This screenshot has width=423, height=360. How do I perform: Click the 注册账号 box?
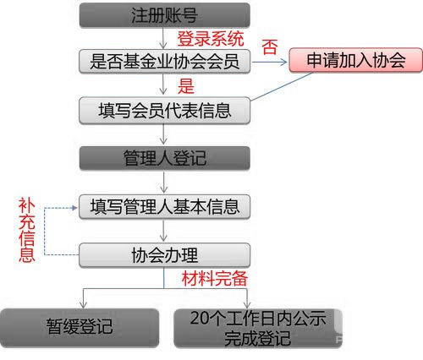pos(165,15)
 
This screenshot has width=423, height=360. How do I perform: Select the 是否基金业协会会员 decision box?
pos(165,62)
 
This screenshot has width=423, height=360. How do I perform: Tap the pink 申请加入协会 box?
pos(356,60)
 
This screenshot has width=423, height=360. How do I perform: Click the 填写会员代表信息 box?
pos(165,111)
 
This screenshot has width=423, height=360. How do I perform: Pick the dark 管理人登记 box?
pos(165,158)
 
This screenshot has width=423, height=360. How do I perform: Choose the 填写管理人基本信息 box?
pos(165,207)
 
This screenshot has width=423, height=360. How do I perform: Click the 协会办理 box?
pos(165,255)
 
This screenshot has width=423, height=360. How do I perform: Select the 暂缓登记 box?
pos(80,328)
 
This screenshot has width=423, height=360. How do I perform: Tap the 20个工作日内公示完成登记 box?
pos(258,328)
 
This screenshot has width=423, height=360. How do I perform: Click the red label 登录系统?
pos(211,39)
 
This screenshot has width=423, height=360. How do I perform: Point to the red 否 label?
pos(270,46)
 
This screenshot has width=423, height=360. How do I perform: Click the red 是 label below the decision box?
pos(186,86)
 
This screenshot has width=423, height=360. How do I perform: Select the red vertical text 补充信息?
pos(27,230)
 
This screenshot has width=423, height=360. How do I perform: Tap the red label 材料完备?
pos(215,279)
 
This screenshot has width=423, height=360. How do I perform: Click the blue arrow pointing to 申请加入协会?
pos(269,62)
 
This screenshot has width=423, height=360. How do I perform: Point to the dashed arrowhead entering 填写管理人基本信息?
pos(74,208)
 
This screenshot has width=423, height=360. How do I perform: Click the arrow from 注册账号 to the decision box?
pos(163,38)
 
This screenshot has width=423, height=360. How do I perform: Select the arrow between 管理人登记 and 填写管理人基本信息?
pos(163,182)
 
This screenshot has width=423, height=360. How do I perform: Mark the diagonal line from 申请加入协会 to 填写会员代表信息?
pos(282,86)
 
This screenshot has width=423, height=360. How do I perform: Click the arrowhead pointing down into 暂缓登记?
pos(83,305)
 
